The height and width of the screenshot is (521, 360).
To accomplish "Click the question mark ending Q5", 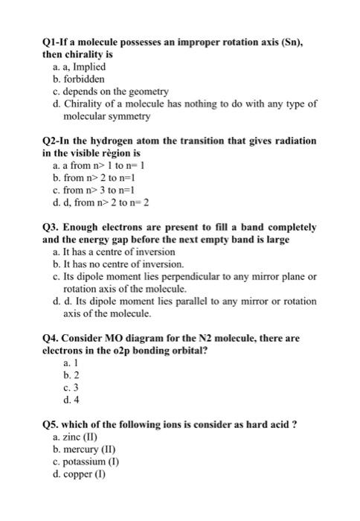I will [295, 424].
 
